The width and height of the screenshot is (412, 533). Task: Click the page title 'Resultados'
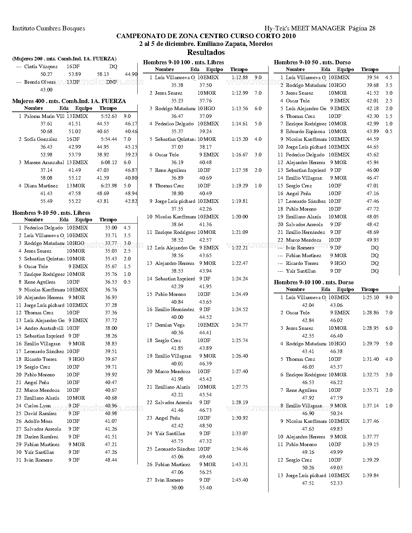pyautogui.click(x=206, y=52)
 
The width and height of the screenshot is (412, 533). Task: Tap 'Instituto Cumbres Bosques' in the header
pyautogui.click(x=48, y=28)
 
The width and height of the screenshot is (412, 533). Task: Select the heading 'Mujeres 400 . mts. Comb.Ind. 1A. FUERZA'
pyautogui.click(x=69, y=101)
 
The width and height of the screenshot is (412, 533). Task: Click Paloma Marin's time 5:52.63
pyautogui.click(x=109, y=116)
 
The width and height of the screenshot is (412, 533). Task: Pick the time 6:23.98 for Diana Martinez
pyautogui.click(x=109, y=186)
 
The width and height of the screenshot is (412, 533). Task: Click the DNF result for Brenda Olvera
pyautogui.click(x=111, y=82)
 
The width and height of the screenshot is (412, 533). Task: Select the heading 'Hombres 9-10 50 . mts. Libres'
pyautogui.click(x=51, y=213)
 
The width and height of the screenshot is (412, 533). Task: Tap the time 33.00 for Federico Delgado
pyautogui.click(x=111, y=228)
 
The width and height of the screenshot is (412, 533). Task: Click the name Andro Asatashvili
pyautogui.click(x=44, y=328)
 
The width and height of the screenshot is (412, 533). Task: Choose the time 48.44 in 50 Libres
pyautogui.click(x=111, y=460)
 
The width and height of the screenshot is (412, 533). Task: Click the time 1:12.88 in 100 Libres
pyautogui.click(x=240, y=78)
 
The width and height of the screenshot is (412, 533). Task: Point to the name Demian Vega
pyautogui.click(x=170, y=325)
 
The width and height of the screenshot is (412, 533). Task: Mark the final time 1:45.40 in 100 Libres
pyautogui.click(x=240, y=480)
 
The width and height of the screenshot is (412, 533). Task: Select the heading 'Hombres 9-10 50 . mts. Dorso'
pyautogui.click(x=312, y=62)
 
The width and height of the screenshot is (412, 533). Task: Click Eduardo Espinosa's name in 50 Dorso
pyautogui.click(x=305, y=131)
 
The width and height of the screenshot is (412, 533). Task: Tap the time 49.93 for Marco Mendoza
pyautogui.click(x=373, y=240)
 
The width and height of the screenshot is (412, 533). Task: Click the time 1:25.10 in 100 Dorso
pyautogui.click(x=371, y=298)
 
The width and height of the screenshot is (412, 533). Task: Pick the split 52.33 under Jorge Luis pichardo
pyautogui.click(x=336, y=483)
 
